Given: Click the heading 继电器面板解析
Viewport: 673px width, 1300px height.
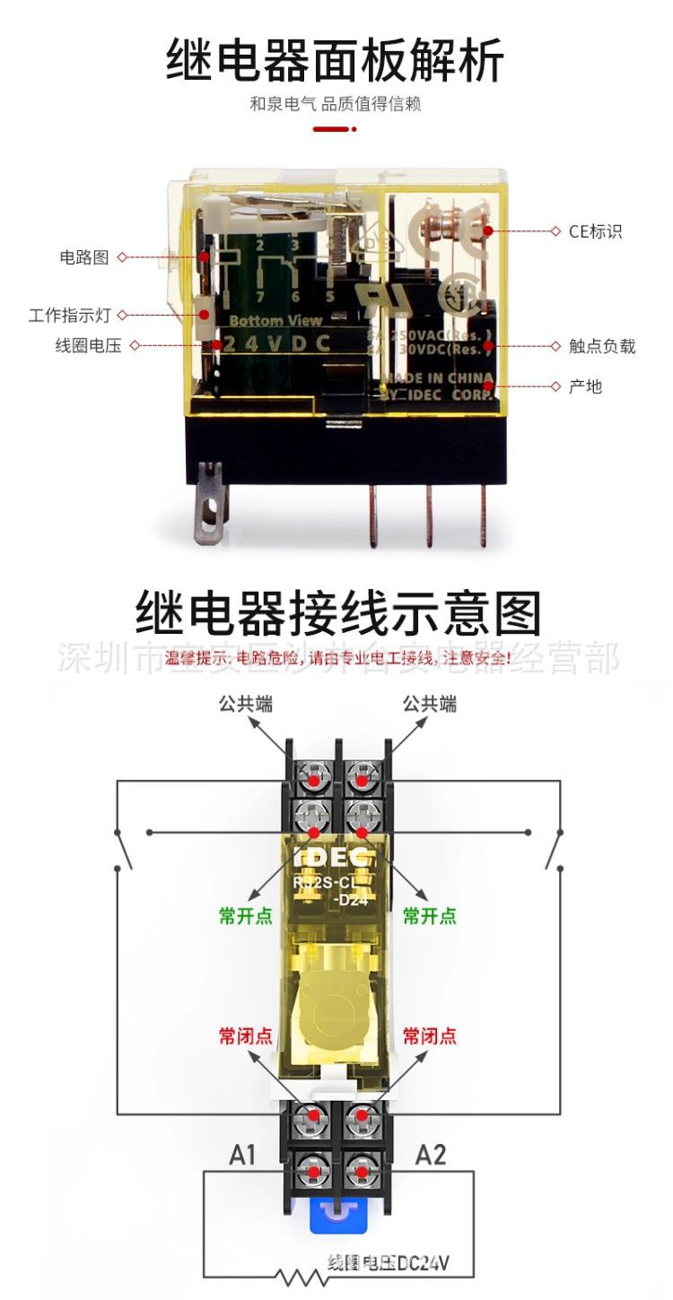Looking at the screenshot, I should [336, 60].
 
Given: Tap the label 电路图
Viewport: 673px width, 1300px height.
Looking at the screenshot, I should [83, 257].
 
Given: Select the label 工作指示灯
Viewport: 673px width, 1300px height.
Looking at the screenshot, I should [70, 316].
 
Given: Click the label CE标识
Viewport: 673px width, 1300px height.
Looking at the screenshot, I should [595, 231].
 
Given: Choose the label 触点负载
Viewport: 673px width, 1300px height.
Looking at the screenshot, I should [602, 346].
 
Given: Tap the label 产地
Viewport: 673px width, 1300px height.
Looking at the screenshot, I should [585, 386].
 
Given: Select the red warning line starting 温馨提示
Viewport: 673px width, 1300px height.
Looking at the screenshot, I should [337, 659].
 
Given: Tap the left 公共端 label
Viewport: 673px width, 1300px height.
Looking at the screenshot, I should [246, 704].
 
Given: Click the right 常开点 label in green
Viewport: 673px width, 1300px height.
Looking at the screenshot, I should [429, 915].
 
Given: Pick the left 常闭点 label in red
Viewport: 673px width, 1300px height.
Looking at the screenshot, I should [246, 1036].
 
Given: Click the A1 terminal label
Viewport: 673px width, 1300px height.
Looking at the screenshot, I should [242, 1155].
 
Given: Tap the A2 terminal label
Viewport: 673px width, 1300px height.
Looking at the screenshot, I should [431, 1155].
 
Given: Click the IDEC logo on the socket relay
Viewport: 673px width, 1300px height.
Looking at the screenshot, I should [332, 857].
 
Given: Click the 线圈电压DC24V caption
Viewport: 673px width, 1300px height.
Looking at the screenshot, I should [389, 1263].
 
